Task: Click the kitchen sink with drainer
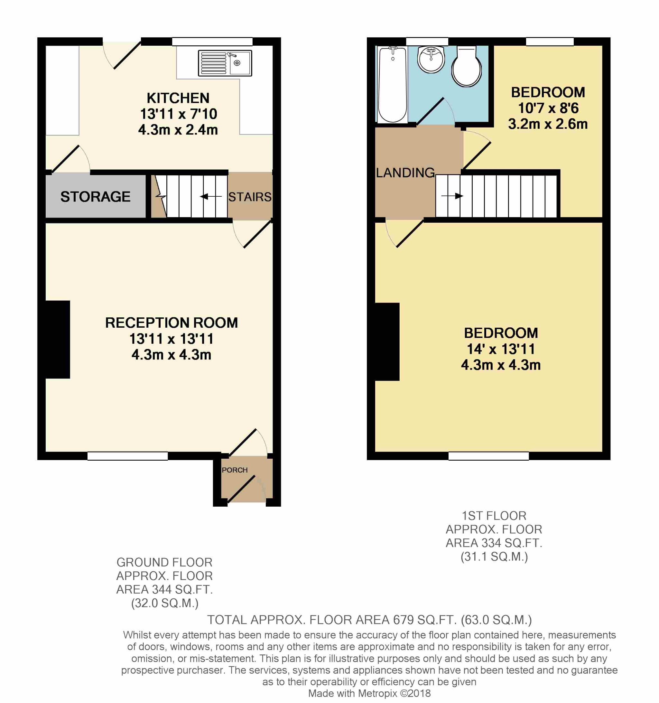[x=225, y=63]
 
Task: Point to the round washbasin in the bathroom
[x=431, y=60]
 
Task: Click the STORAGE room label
[x=96, y=197]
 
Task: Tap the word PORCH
[x=235, y=470]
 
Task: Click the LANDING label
[x=405, y=173]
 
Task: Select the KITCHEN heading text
[x=178, y=98]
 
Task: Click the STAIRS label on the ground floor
[x=250, y=197]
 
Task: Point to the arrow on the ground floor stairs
[x=211, y=196]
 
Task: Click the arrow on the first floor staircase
[x=452, y=196]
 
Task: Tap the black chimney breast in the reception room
[x=58, y=339]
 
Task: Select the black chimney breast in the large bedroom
[x=387, y=342]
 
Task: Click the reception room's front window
[x=128, y=456]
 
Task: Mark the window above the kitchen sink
[x=212, y=42]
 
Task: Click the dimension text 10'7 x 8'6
[x=548, y=108]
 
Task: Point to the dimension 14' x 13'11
[x=501, y=349]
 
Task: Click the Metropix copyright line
[x=369, y=693]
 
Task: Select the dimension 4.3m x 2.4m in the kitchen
[x=178, y=130]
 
